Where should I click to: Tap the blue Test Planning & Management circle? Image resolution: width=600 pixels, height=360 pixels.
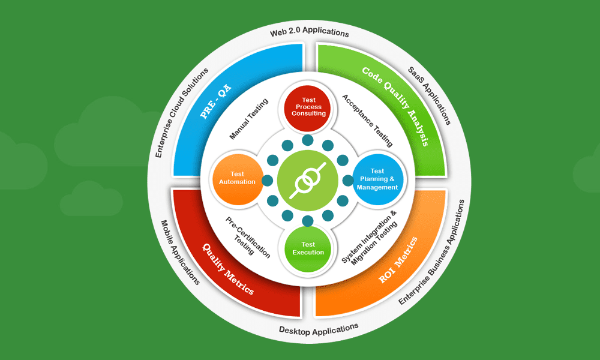[377, 179]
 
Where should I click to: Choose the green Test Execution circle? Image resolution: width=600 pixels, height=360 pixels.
[308, 248]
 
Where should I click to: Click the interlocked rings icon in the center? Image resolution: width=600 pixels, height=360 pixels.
[308, 179]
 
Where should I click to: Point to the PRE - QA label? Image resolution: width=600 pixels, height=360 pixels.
[216, 101]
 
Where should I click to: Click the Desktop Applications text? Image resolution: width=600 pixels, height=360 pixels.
[319, 328]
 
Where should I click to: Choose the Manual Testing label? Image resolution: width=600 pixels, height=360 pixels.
[248, 120]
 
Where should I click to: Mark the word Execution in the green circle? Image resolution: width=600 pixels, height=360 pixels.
[308, 253]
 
